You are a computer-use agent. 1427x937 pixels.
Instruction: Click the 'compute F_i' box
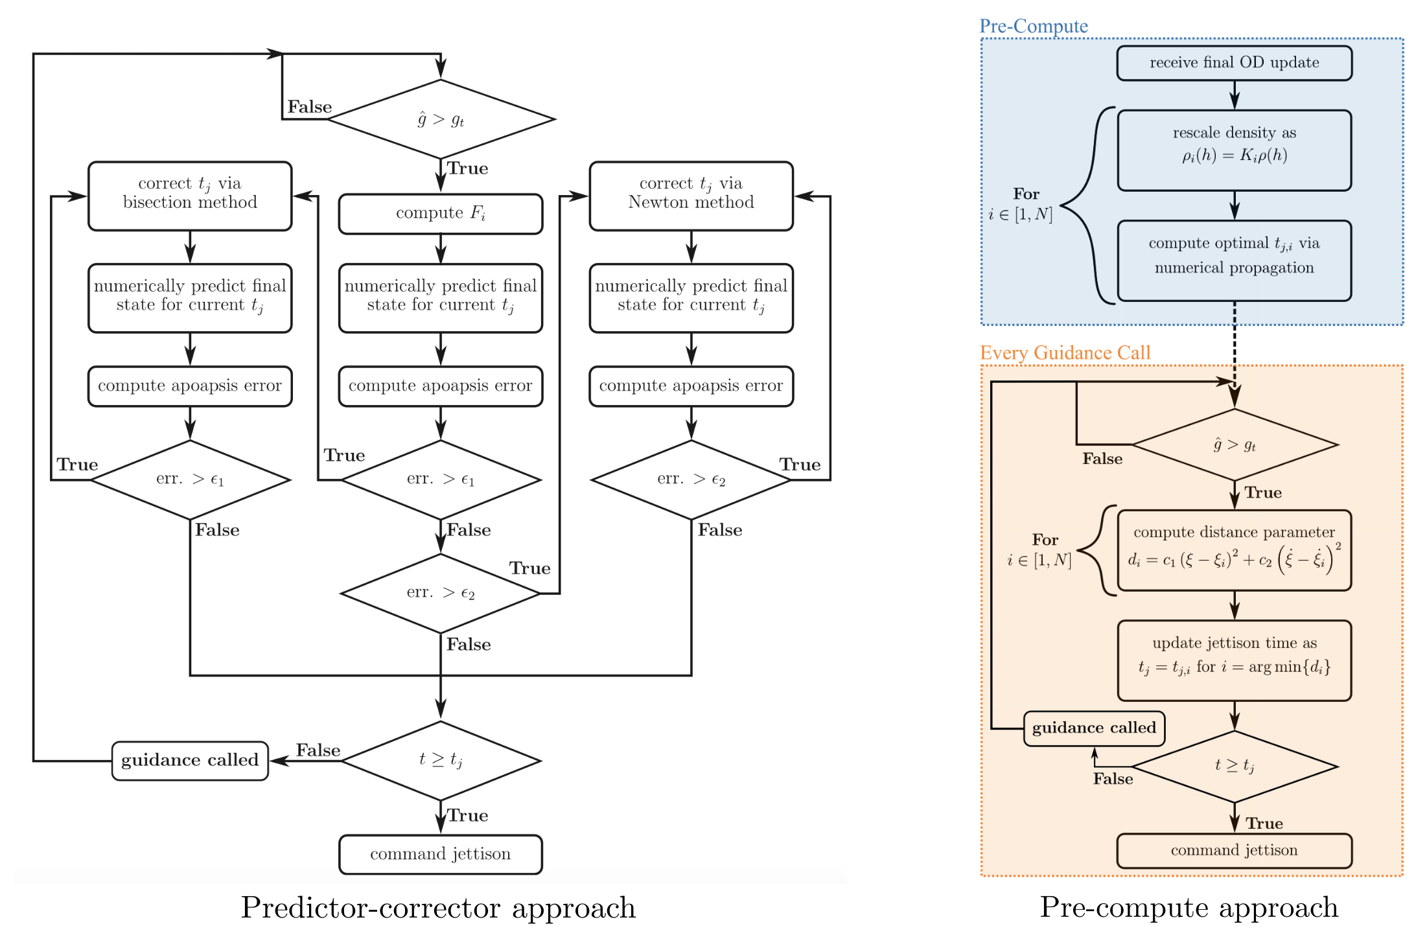[x=440, y=213]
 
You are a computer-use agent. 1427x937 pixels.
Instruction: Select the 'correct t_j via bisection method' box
[x=190, y=196]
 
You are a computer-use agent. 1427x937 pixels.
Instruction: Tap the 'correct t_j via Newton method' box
[x=691, y=196]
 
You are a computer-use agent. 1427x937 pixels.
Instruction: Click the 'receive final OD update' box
[x=1234, y=63]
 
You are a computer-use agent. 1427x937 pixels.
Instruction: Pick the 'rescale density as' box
[x=1234, y=150]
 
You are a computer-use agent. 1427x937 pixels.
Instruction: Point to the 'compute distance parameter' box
[x=1234, y=550]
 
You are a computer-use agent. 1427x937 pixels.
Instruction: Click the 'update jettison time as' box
[x=1234, y=660]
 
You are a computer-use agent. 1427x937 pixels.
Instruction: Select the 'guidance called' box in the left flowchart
[x=190, y=761]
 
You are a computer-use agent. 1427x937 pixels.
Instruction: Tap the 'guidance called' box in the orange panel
[x=1094, y=728]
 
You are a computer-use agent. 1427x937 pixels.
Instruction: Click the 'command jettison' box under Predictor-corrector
[x=440, y=854]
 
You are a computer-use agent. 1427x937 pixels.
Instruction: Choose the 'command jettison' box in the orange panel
[x=1234, y=850]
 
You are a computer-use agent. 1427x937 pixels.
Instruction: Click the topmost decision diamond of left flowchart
[x=441, y=119]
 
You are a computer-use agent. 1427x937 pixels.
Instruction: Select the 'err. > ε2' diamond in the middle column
[x=441, y=593]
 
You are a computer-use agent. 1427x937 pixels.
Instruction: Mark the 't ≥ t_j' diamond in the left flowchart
[x=441, y=760]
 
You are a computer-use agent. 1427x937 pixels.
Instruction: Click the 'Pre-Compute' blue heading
[x=1034, y=26]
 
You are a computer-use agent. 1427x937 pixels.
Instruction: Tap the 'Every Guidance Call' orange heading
[x=1065, y=353]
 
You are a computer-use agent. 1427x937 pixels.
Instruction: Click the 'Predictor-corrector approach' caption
[x=438, y=907]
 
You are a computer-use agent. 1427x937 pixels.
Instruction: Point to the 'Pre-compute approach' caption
[x=1189, y=907]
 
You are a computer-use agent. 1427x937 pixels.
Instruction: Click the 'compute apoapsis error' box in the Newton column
[x=691, y=386]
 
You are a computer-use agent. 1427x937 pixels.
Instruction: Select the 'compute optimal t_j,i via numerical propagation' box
[x=1234, y=260]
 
